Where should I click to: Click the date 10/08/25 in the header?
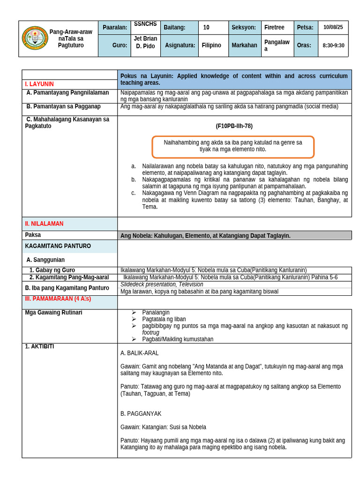click(x=333, y=27)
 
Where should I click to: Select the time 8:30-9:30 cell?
click(x=333, y=45)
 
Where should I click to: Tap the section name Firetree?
click(x=274, y=28)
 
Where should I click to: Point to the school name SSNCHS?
click(x=145, y=24)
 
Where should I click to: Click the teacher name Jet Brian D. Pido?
click(x=145, y=42)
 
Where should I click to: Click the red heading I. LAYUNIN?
click(x=39, y=84)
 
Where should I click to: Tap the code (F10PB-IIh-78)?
click(x=234, y=126)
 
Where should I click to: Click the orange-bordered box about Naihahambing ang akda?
click(x=233, y=146)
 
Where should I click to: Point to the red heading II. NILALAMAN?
click(x=44, y=224)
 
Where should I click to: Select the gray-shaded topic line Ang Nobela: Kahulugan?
click(x=205, y=236)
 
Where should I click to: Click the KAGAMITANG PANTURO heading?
click(x=58, y=246)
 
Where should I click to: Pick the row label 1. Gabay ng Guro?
click(x=52, y=270)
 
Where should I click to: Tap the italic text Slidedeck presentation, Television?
click(x=162, y=284)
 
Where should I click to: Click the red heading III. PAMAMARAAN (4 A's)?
click(x=58, y=299)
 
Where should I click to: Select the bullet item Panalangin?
click(x=156, y=312)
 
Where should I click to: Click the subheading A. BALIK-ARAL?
click(x=139, y=353)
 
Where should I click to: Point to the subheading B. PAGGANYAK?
click(x=141, y=413)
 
